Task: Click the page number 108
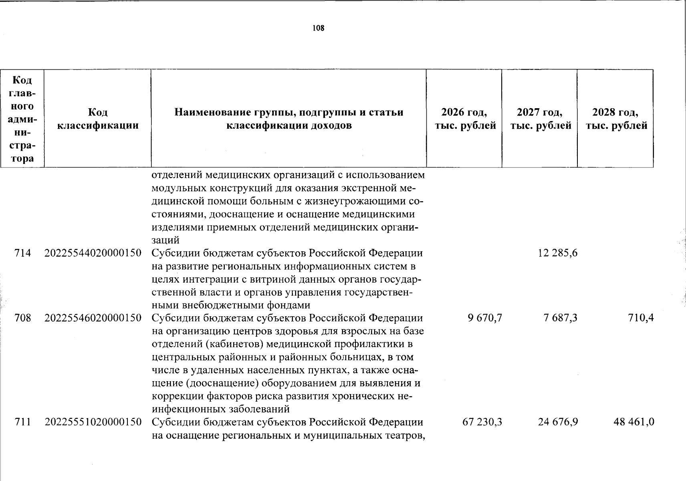tap(319, 28)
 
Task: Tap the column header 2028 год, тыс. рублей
tap(616, 119)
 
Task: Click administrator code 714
tap(22, 253)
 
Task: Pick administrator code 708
tap(22, 318)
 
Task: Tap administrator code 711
tap(22, 422)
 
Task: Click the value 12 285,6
tap(558, 253)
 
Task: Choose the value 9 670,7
tap(484, 318)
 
